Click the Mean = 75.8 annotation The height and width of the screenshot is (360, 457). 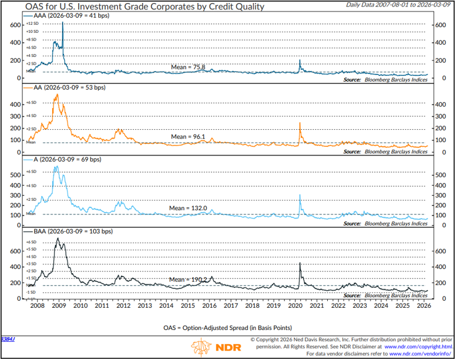coord(188,67)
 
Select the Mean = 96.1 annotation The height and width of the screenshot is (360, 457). coord(188,137)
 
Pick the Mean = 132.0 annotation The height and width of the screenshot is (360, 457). coord(187,208)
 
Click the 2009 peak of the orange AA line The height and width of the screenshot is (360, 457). coord(56,95)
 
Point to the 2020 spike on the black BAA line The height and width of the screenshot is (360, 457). coord(300,263)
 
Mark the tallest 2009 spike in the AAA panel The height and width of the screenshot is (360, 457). coord(63,23)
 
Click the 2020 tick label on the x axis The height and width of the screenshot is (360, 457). coord(294,305)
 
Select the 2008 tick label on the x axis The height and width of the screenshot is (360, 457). coord(36,305)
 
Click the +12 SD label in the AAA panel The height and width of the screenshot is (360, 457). coord(32,23)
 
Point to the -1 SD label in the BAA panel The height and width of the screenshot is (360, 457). coord(31,292)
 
